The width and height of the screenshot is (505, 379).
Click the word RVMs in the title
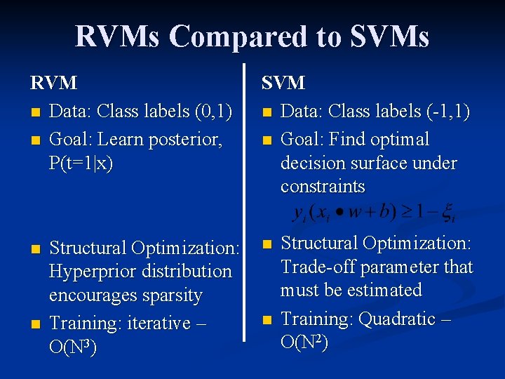click(x=119, y=36)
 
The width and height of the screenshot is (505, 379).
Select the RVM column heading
click(x=53, y=83)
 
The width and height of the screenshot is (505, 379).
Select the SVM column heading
click(x=283, y=83)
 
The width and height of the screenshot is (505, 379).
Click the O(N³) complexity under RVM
click(x=72, y=347)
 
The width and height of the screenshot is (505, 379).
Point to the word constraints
click(x=323, y=186)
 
